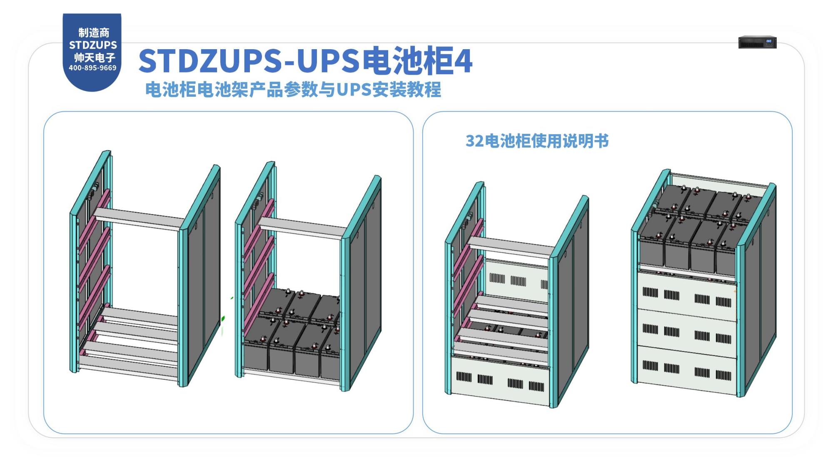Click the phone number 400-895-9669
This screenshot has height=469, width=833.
click(92, 68)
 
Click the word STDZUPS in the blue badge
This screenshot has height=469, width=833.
click(93, 45)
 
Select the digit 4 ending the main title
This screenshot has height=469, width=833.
click(463, 61)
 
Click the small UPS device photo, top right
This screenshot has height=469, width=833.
click(757, 42)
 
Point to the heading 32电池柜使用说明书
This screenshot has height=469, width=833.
click(537, 141)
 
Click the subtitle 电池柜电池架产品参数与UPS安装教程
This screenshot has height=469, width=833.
click(293, 90)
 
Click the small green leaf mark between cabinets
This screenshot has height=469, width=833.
click(223, 319)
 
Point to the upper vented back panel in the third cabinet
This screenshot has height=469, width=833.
click(516, 279)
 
